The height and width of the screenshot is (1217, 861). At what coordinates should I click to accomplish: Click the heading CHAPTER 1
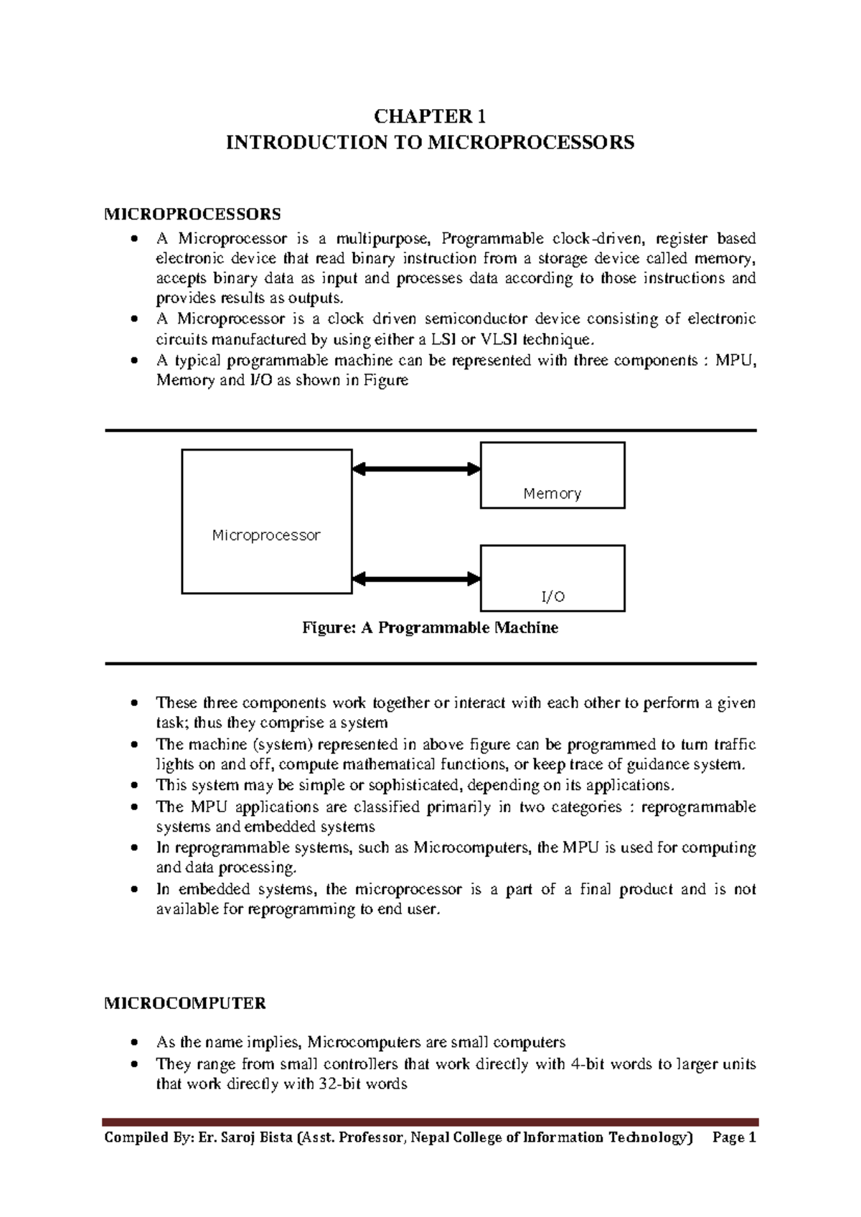(430, 116)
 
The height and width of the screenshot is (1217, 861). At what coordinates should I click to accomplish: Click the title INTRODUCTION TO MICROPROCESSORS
(430, 143)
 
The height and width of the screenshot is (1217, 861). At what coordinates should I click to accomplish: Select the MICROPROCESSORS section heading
(193, 214)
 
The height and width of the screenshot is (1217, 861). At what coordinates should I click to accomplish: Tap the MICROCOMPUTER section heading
(185, 1003)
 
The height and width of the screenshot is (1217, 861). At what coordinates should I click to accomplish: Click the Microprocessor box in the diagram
(266, 522)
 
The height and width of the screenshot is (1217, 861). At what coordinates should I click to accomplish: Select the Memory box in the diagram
(552, 475)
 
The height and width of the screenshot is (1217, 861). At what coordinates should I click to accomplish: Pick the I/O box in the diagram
(552, 578)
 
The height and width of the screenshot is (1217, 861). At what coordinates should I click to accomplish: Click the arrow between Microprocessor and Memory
(416, 469)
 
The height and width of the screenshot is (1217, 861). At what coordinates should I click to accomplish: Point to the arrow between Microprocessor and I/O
(416, 578)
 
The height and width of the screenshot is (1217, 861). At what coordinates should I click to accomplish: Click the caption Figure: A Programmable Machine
(430, 628)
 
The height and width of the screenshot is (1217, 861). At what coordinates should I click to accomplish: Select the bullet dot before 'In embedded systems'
(134, 890)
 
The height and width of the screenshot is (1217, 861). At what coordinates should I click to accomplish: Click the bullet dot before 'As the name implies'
(134, 1043)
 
